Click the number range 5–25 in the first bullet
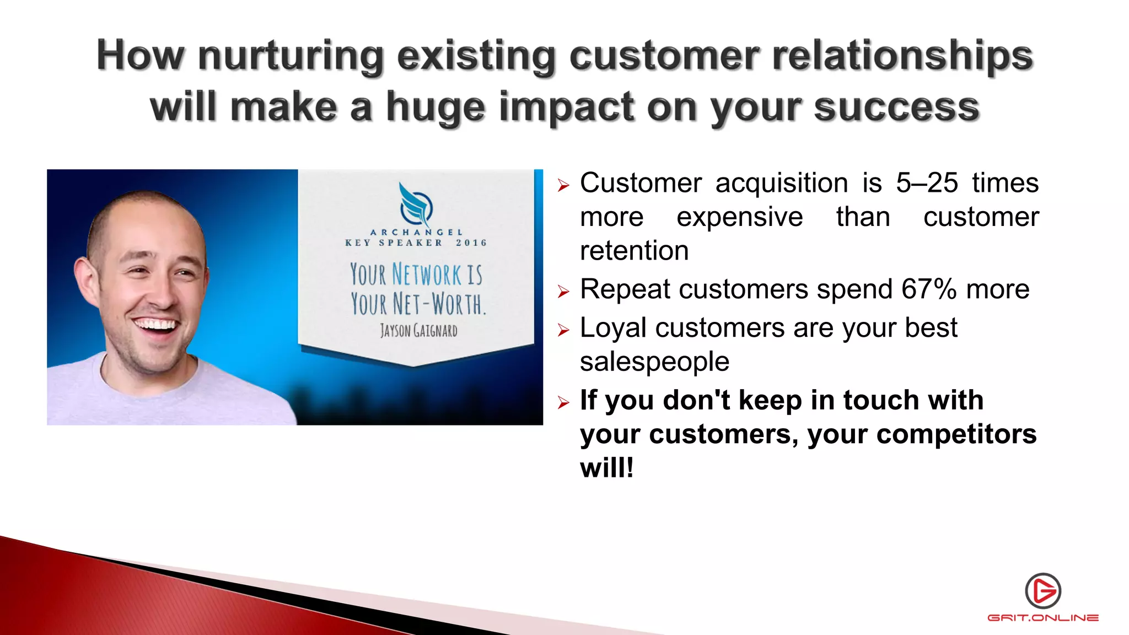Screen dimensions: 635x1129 [927, 183]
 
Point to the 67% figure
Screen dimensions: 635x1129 [929, 289]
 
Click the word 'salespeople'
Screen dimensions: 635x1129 [654, 362]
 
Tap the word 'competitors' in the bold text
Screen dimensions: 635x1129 [956, 434]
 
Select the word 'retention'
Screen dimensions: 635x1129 [634, 251]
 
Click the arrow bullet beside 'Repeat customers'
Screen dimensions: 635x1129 [563, 292]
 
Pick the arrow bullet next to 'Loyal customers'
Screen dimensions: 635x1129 [563, 330]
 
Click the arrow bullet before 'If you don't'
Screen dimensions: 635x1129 [563, 402]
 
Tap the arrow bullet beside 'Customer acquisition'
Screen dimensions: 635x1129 [563, 185]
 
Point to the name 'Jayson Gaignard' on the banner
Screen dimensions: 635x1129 [418, 331]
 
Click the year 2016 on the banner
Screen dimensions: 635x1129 [471, 243]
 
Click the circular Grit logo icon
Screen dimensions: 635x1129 [1042, 590]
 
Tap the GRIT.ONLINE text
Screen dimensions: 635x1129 [1042, 618]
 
